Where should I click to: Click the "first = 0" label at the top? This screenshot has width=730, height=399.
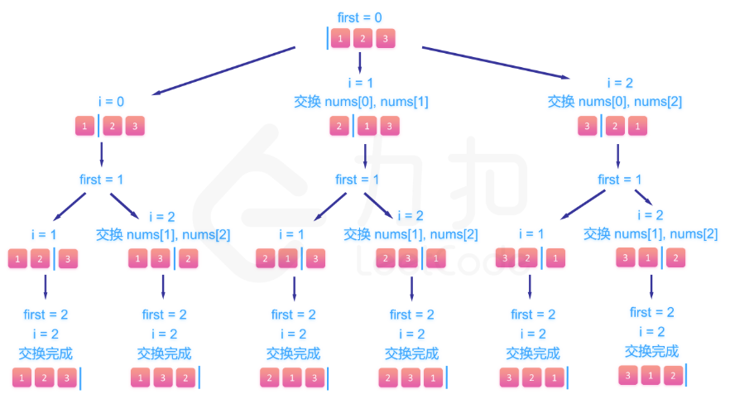[360, 17]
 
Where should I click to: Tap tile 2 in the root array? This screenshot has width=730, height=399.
[362, 39]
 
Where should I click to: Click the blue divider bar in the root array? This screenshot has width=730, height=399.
[328, 39]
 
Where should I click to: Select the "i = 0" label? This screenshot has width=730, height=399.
[111, 102]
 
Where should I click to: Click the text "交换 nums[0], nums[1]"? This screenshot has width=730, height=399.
[361, 102]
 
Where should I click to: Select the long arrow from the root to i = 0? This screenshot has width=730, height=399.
[223, 71]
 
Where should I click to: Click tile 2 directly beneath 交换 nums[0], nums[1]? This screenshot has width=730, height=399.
[339, 127]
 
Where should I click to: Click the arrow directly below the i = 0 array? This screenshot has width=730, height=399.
[102, 153]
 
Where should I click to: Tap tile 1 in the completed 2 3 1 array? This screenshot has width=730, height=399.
[433, 379]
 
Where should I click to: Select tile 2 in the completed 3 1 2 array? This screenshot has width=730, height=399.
[674, 376]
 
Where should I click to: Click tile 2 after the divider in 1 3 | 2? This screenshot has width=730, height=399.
[189, 258]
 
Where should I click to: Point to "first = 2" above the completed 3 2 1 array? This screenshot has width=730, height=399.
[533, 315]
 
